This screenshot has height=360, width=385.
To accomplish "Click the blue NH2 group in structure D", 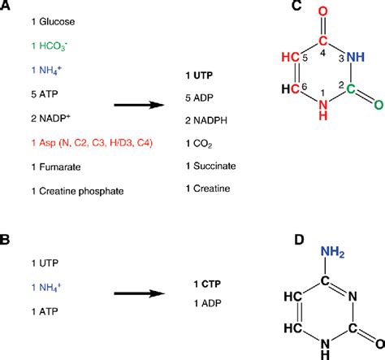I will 331,255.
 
